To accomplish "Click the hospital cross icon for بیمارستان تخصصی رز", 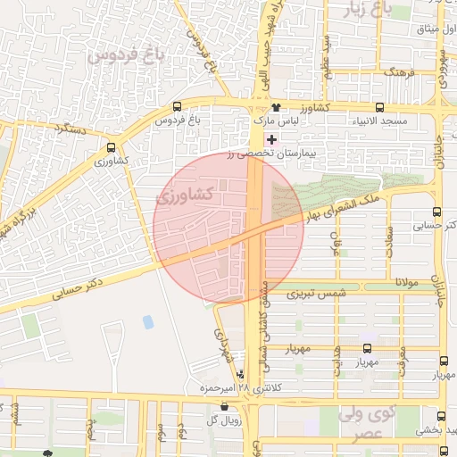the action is [x=271, y=140].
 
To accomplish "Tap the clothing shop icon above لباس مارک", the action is [x=262, y=107].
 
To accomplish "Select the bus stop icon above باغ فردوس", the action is [x=177, y=106].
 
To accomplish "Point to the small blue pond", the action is [x=147, y=321].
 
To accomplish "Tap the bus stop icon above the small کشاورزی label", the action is [x=111, y=148].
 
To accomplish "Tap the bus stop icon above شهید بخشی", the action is [x=444, y=417].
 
